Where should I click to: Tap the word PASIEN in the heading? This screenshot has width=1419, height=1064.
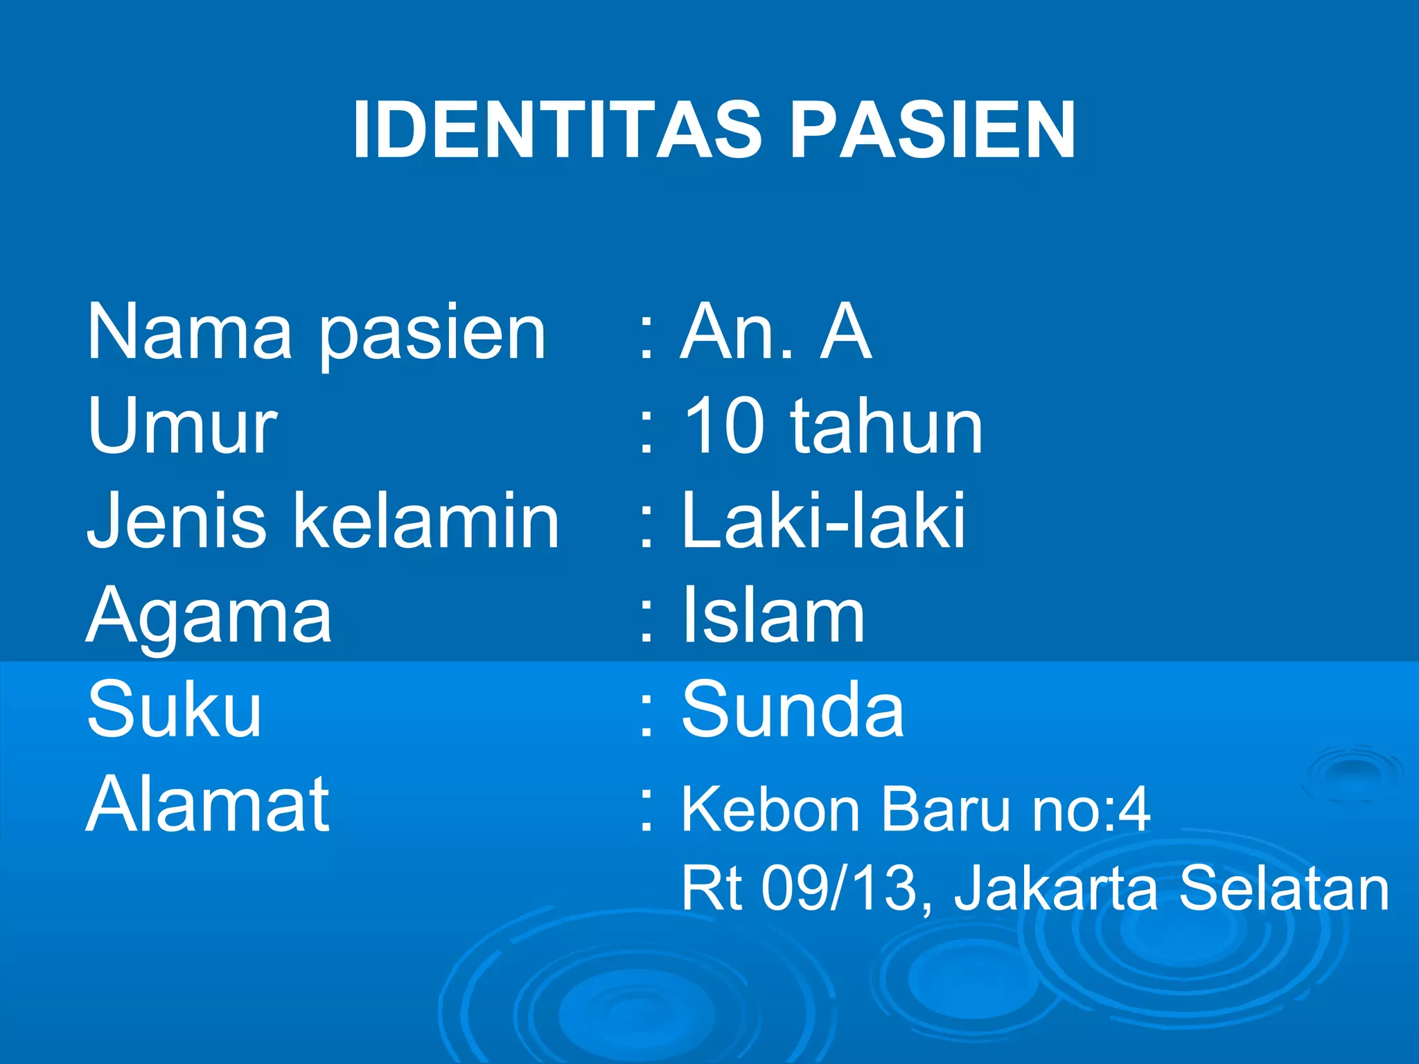[x=932, y=130]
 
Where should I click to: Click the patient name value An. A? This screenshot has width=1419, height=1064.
[x=775, y=332]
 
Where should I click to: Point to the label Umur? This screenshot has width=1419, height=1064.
[x=182, y=427]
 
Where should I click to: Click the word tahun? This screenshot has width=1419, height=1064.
[x=887, y=427]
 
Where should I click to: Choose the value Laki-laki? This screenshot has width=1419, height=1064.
[x=823, y=521]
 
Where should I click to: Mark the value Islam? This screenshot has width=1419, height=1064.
[x=773, y=615]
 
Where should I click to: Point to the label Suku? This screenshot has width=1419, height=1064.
[x=174, y=709]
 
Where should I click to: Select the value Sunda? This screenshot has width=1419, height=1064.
[x=793, y=709]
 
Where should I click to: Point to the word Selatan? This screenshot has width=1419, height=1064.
[x=1284, y=888]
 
